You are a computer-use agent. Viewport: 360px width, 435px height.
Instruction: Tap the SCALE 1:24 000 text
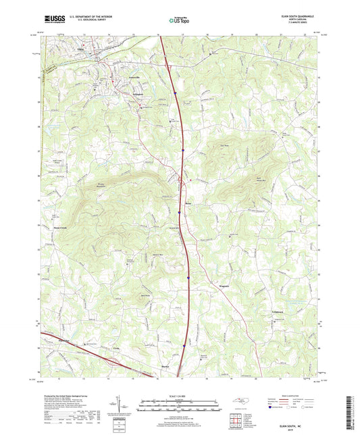click(180, 395)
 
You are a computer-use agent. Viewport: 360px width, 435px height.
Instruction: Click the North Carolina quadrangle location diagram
click(241, 402)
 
